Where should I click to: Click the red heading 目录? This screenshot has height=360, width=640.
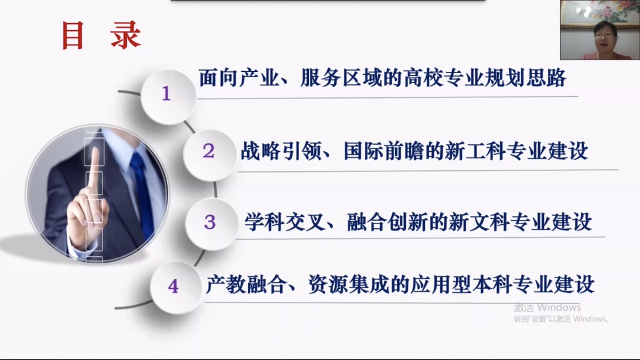[101, 35]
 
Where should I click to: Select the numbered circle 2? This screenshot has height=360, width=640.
[209, 155]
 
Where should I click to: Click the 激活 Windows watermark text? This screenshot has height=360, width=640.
[547, 308]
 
